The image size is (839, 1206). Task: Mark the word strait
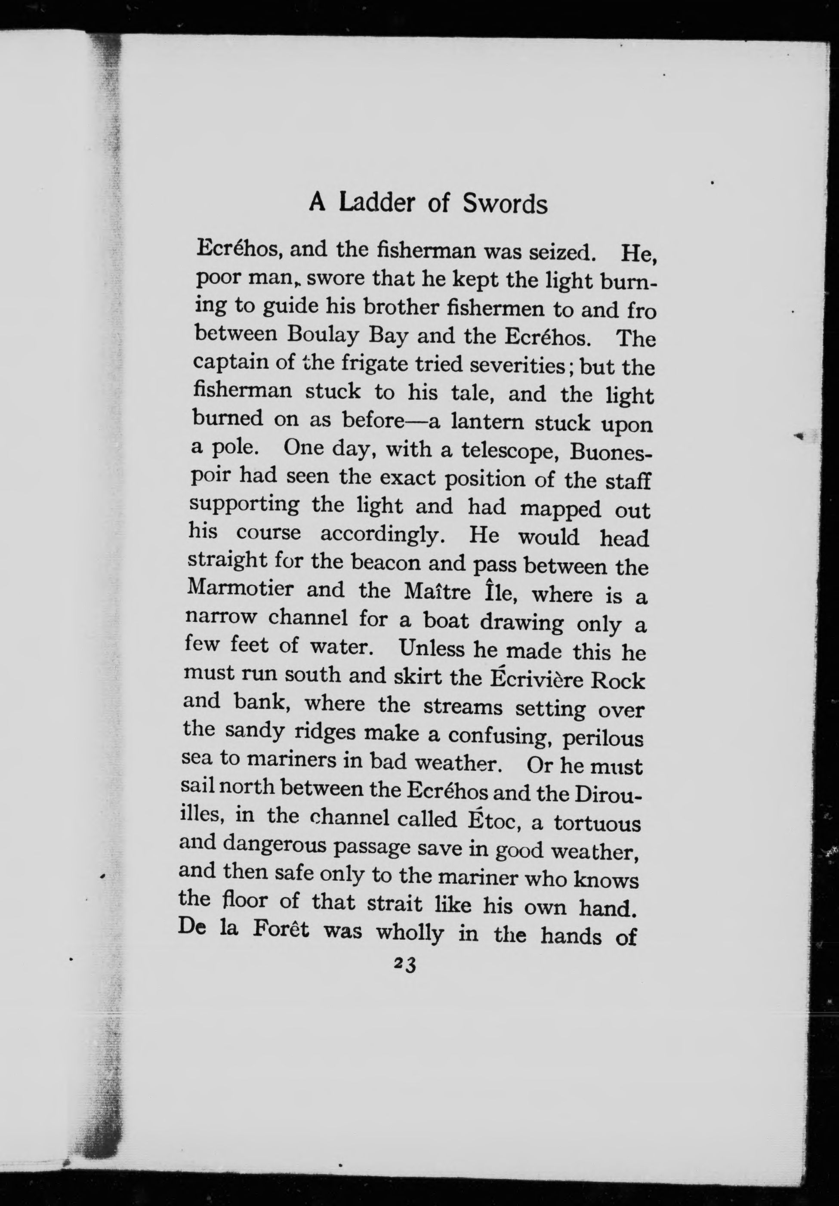(x=394, y=904)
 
